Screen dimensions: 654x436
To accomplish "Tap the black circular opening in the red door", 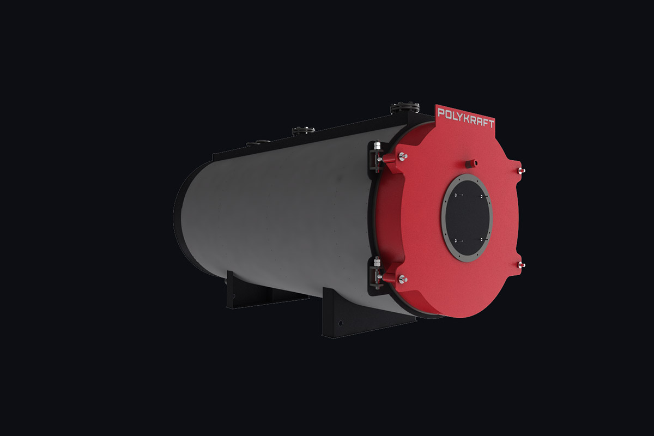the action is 467,217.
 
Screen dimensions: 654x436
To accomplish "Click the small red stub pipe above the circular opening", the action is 470,163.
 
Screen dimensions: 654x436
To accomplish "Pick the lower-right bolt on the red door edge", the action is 522,265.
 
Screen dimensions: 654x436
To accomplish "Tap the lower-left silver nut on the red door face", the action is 403,279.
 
